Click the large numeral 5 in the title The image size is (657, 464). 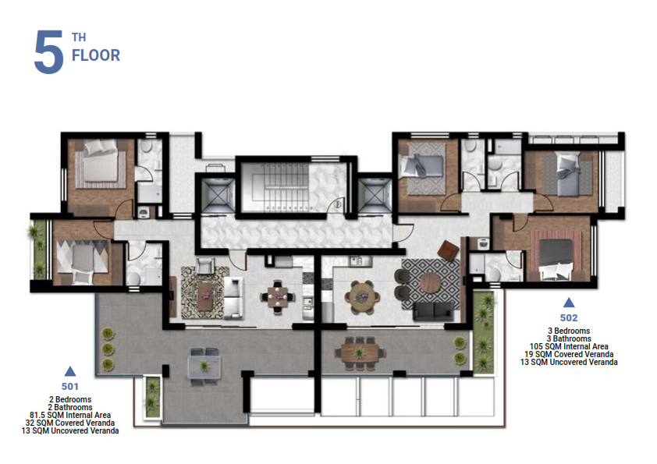click(48, 52)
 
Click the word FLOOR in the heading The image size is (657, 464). click(96, 55)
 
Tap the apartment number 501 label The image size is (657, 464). click(70, 387)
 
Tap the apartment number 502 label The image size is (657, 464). click(569, 318)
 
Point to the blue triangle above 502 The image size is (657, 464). click(569, 303)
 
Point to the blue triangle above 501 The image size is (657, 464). click(70, 371)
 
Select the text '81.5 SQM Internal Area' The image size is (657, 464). click(70, 415)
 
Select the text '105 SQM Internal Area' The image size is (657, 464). click(569, 346)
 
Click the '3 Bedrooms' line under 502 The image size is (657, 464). click(569, 331)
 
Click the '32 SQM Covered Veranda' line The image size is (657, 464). click(70, 423)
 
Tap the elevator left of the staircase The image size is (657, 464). click(218, 196)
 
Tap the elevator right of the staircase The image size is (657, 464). click(374, 196)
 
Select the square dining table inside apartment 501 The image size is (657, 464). click(277, 296)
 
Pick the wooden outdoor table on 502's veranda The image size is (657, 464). click(359, 353)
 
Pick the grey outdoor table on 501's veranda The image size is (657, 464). click(204, 367)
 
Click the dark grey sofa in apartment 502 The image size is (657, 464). click(433, 312)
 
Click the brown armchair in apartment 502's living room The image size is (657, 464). click(448, 251)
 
